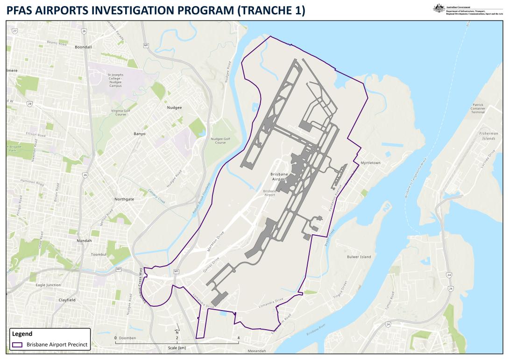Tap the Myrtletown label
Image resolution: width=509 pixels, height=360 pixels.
370,163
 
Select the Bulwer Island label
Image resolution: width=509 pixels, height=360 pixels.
359,257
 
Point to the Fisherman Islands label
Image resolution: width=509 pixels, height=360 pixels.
488,136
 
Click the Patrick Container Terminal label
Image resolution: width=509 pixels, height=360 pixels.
478,108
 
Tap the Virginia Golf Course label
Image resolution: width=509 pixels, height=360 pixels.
120,113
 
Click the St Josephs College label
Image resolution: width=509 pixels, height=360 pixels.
115,80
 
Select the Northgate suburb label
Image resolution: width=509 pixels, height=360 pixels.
124,199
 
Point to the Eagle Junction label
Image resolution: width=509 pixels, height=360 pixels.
48,285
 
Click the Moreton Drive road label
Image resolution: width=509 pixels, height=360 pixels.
216,241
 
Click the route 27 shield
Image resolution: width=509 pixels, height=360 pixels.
15,31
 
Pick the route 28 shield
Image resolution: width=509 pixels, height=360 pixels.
30,104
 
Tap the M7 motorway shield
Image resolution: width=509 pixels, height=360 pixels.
119,269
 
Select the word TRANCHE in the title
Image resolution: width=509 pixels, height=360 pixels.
264,10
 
